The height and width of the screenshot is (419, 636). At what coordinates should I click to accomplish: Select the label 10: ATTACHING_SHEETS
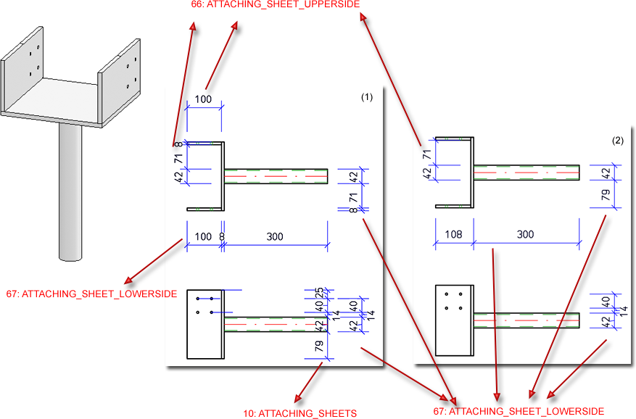point(300,413)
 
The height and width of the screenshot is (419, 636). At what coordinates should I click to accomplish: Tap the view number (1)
point(367,97)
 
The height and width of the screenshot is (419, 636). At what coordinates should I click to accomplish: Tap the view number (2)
point(616,141)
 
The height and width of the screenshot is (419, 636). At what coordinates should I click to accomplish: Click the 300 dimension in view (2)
point(525,235)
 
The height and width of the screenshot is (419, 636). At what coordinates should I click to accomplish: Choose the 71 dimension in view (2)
point(428,153)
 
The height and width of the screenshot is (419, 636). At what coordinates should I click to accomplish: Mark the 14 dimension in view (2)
point(623,311)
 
